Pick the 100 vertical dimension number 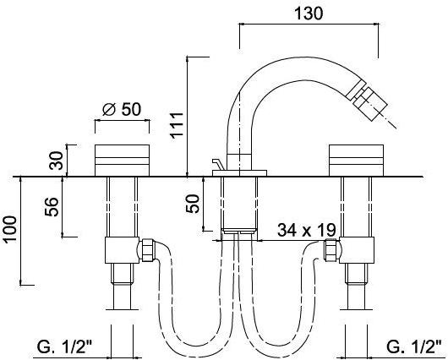(11, 230)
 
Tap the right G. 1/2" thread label (413, 346)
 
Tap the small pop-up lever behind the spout (216, 164)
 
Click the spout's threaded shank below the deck (238, 203)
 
